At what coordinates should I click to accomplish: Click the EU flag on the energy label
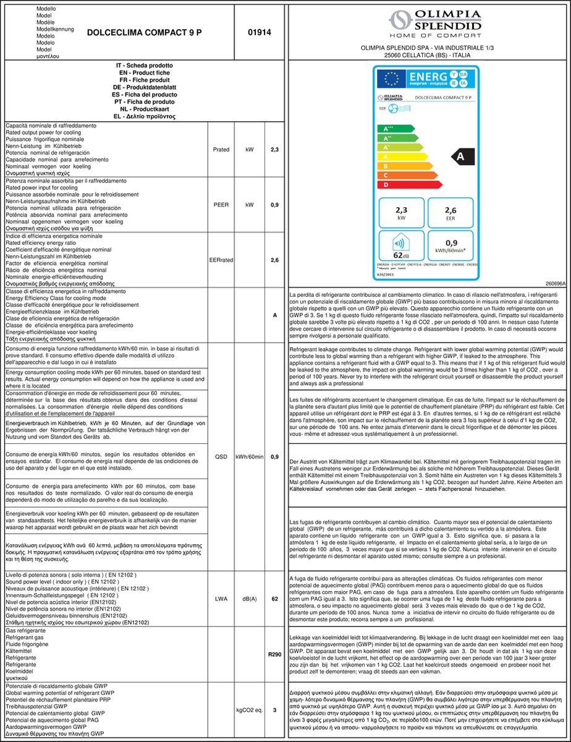391,79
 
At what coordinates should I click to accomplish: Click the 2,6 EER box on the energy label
450,213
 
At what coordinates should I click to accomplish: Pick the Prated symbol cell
221,150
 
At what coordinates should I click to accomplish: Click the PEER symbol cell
221,204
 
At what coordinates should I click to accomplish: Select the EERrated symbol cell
221,260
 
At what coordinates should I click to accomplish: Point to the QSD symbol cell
221,457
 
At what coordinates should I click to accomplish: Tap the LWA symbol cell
221,599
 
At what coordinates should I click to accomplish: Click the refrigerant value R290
274,654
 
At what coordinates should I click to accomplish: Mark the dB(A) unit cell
249,599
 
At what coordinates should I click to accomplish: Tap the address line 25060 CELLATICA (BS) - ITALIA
427,55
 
